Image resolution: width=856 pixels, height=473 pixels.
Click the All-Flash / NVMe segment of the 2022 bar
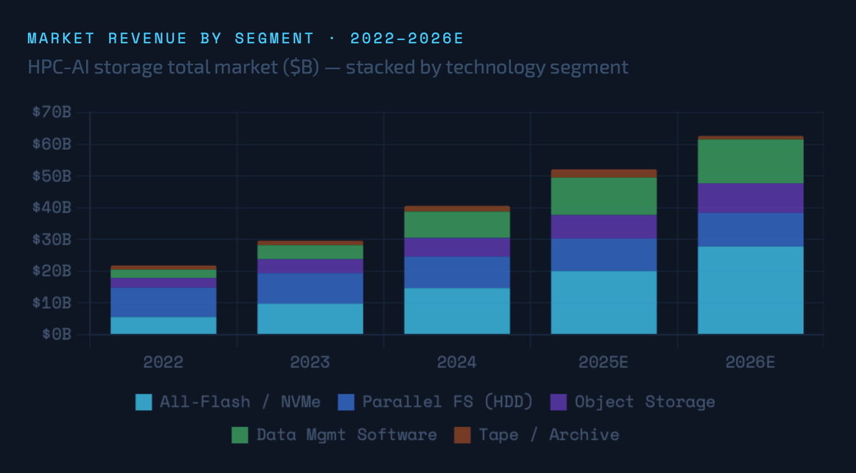coord(164,325)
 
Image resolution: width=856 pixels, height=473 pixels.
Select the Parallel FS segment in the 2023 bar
coord(310,288)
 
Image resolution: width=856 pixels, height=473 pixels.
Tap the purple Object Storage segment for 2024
coord(457,247)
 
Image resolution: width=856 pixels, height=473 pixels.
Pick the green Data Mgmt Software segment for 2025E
coord(604,196)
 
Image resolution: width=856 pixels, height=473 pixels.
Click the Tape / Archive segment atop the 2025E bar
coord(604,173)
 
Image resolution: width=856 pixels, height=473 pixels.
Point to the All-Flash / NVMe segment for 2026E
coord(750,290)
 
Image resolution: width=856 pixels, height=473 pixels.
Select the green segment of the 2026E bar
coord(750,161)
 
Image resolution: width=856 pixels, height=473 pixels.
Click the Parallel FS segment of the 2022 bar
coord(164,302)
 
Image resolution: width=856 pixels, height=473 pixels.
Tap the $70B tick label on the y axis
coord(52,112)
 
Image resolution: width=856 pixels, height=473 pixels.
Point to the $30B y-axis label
coord(52,239)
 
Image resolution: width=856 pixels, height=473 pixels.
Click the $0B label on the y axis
coord(57,334)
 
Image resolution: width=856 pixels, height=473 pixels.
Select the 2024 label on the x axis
coord(457,362)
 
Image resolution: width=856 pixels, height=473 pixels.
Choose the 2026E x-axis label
coord(750,362)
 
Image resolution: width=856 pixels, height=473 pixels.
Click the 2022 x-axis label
coord(164,362)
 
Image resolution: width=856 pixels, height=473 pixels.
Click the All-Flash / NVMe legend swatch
coord(144,402)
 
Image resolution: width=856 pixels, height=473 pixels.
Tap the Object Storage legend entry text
coord(645,402)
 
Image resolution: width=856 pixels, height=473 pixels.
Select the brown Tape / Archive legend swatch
coord(463,435)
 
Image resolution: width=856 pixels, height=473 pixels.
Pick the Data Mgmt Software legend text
coord(347,435)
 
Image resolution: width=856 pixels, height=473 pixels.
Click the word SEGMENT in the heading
coord(274,38)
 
